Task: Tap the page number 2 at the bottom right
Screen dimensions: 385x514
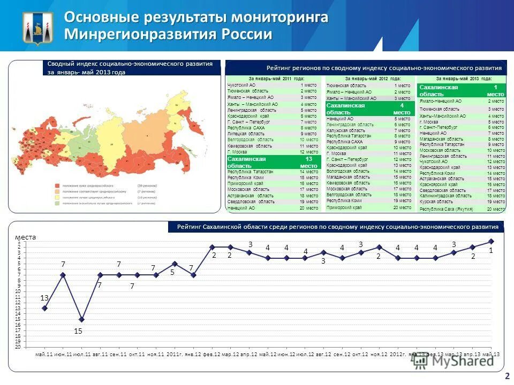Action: (x=506, y=376)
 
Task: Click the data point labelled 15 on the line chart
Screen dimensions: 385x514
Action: (x=81, y=319)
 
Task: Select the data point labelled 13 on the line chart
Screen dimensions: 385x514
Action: (x=44, y=308)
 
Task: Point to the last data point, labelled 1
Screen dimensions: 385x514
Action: (x=491, y=241)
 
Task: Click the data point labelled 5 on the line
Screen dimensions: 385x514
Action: (x=175, y=264)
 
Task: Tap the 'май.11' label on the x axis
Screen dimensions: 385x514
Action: (x=44, y=355)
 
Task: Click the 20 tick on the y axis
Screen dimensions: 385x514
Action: (x=18, y=346)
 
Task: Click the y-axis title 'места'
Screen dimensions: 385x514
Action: (x=25, y=237)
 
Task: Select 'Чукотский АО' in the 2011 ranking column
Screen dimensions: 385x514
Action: (x=241, y=85)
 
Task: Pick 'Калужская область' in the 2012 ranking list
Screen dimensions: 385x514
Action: (x=346, y=130)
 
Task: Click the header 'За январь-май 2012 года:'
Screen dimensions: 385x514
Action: (x=369, y=79)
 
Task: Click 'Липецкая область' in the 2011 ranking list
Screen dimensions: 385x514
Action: (x=246, y=134)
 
